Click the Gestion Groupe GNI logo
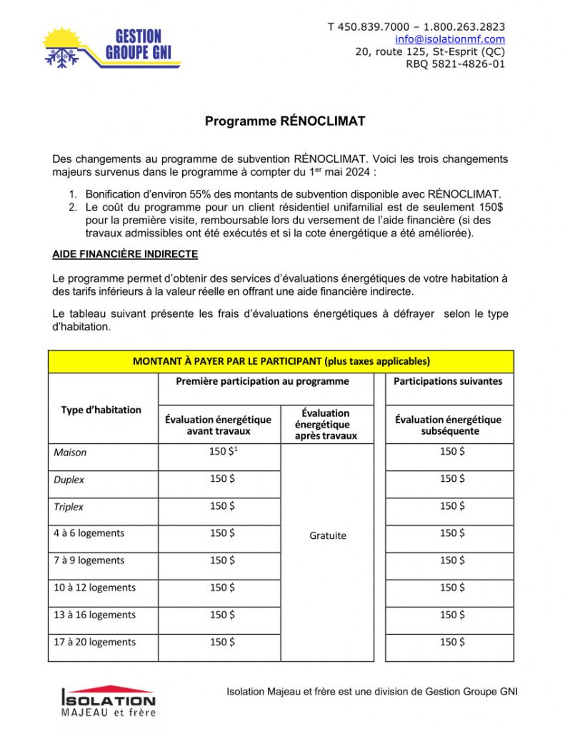pyautogui.click(x=111, y=47)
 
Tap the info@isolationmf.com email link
pyautogui.click(x=450, y=39)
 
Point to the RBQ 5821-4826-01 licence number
pyautogui.click(x=455, y=64)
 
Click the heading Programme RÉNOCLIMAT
pyautogui.click(x=285, y=121)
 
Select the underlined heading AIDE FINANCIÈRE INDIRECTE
pyautogui.click(x=125, y=254)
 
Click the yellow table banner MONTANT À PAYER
pyautogui.click(x=281, y=361)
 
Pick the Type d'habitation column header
pyautogui.click(x=101, y=410)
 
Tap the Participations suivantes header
pyautogui.click(x=448, y=381)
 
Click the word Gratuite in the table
pyautogui.click(x=327, y=535)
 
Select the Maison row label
pyautogui.click(x=70, y=453)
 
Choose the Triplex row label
pyautogui.click(x=69, y=507)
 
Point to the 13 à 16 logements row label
pyautogui.click(x=94, y=615)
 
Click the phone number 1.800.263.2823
pyautogui.click(x=465, y=27)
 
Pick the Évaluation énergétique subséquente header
pyautogui.click(x=448, y=425)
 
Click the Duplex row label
pyautogui.click(x=69, y=480)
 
